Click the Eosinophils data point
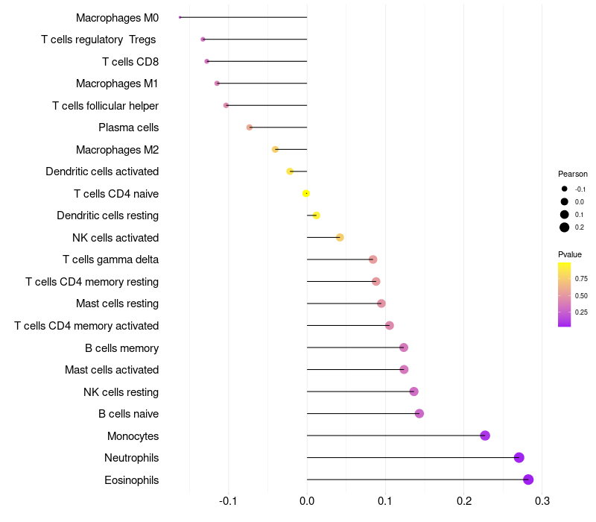click(x=528, y=479)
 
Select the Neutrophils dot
click(x=519, y=458)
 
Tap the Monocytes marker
click(x=485, y=435)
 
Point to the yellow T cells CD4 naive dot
click(x=306, y=194)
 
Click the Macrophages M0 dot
click(x=180, y=17)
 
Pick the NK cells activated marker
click(x=340, y=238)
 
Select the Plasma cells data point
click(x=250, y=128)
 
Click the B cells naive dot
click(x=419, y=414)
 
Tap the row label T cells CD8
click(x=130, y=62)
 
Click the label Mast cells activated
click(x=112, y=370)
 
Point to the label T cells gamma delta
click(x=110, y=260)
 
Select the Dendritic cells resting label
click(x=108, y=216)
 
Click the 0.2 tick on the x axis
click(x=464, y=500)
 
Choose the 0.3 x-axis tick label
click(x=542, y=500)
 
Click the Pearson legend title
click(x=573, y=174)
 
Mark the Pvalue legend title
click(x=570, y=254)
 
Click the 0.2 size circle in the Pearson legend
click(x=565, y=227)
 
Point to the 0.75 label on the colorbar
click(x=581, y=279)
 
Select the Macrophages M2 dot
click(x=276, y=150)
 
